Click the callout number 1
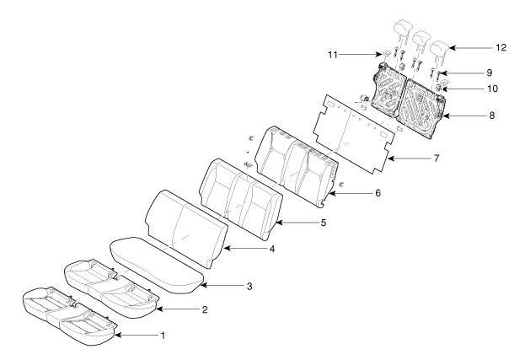[163, 336]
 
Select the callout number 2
[203, 310]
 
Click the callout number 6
[377, 193]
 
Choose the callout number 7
[436, 158]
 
